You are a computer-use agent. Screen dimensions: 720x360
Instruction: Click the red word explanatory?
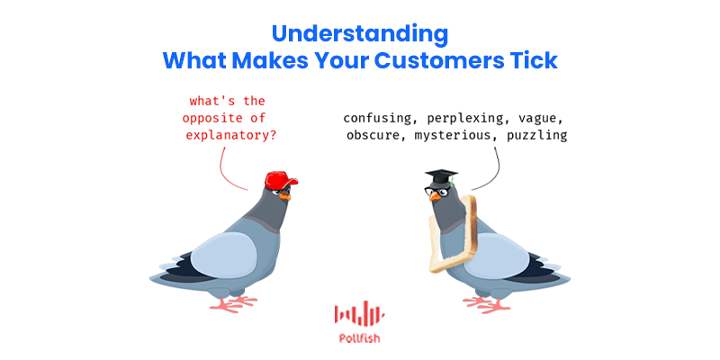coord(229,136)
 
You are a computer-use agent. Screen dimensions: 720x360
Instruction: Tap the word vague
coord(541,119)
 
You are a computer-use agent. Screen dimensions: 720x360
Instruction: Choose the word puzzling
coord(536,136)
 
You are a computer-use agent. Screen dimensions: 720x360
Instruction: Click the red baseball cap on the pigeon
coord(281,179)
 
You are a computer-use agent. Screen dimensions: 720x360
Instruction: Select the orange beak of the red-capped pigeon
coord(285,195)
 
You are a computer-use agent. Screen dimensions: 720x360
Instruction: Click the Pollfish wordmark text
coord(359,339)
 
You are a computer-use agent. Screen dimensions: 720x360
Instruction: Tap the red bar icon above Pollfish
coord(359,312)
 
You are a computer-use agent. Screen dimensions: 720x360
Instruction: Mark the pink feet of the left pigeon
coord(233,303)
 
